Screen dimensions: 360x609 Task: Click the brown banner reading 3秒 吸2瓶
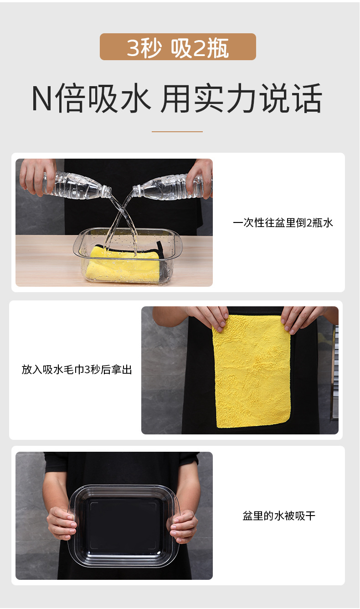pos(178,47)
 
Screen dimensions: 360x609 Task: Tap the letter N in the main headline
pos(42,99)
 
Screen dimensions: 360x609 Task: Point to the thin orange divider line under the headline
pos(177,132)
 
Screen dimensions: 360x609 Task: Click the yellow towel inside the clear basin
pos(125,264)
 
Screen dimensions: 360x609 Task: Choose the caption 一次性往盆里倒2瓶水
pos(283,222)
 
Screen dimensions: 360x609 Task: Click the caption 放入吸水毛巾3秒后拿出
pos(77,370)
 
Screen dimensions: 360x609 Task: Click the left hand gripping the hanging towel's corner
pos(209,318)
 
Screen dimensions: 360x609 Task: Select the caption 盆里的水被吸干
pos(279,516)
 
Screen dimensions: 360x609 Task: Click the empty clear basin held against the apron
pos(123,526)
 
